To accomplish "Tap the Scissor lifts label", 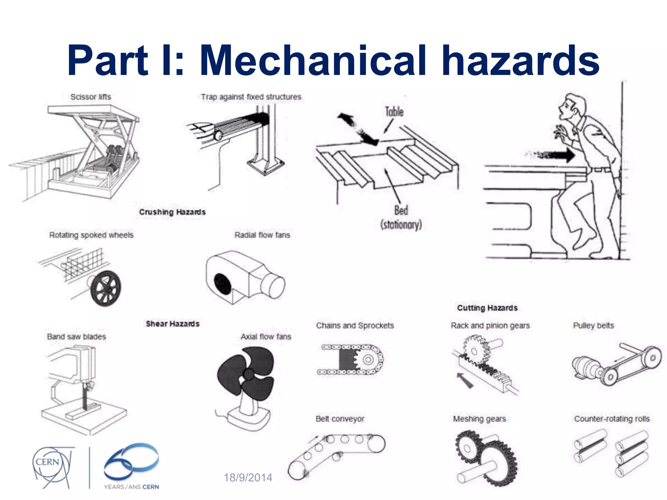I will [91, 97].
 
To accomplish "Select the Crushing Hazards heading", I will [172, 212].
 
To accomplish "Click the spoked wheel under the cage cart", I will [106, 288].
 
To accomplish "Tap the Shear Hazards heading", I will [172, 324].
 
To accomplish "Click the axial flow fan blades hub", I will [249, 374].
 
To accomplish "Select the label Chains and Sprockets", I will [355, 326].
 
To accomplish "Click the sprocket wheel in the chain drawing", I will [368, 360].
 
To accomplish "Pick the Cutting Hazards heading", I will [487, 308].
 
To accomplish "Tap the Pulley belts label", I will [593, 326].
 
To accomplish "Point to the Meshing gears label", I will [479, 419].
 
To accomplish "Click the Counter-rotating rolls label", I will [612, 419].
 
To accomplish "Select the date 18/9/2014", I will [248, 478].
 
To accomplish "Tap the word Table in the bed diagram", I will [394, 112].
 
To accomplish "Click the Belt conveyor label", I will [340, 419].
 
